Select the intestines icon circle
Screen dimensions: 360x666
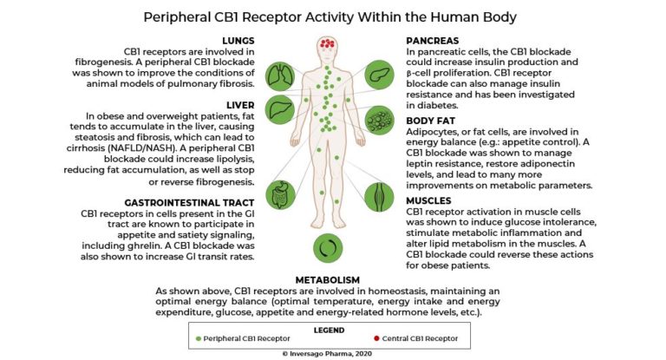coord(280,194)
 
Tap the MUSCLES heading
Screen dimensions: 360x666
coord(434,201)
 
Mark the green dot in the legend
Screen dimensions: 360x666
coord(199,337)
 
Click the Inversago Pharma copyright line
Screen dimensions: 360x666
coord(332,353)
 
